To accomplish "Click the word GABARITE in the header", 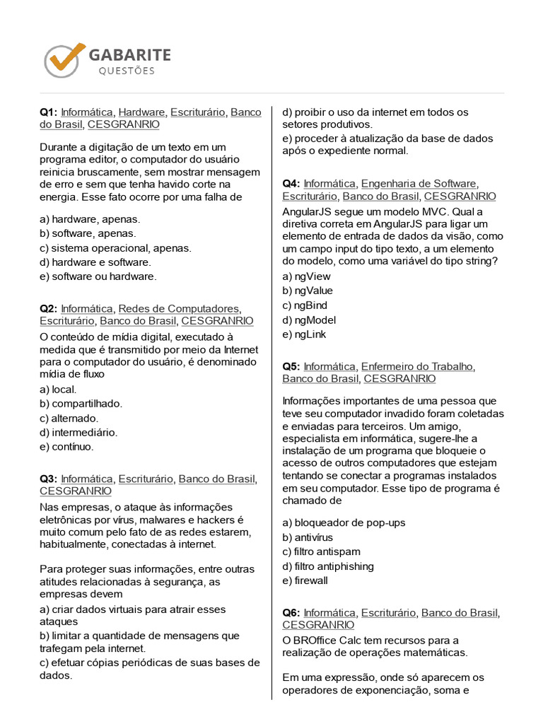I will click(x=129, y=54).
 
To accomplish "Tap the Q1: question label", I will click(x=48, y=112).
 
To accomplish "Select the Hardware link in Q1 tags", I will click(x=141, y=112).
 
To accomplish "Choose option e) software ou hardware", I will click(x=98, y=276).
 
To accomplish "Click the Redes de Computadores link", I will click(x=178, y=308).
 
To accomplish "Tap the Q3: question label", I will click(x=48, y=479).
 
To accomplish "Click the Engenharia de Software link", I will click(x=419, y=184).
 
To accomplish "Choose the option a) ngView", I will click(x=306, y=276).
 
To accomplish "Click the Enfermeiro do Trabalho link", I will click(x=417, y=366).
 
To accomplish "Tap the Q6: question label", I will click(x=291, y=612).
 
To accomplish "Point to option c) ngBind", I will click(x=305, y=305).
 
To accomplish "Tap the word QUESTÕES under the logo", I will click(x=127, y=71).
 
